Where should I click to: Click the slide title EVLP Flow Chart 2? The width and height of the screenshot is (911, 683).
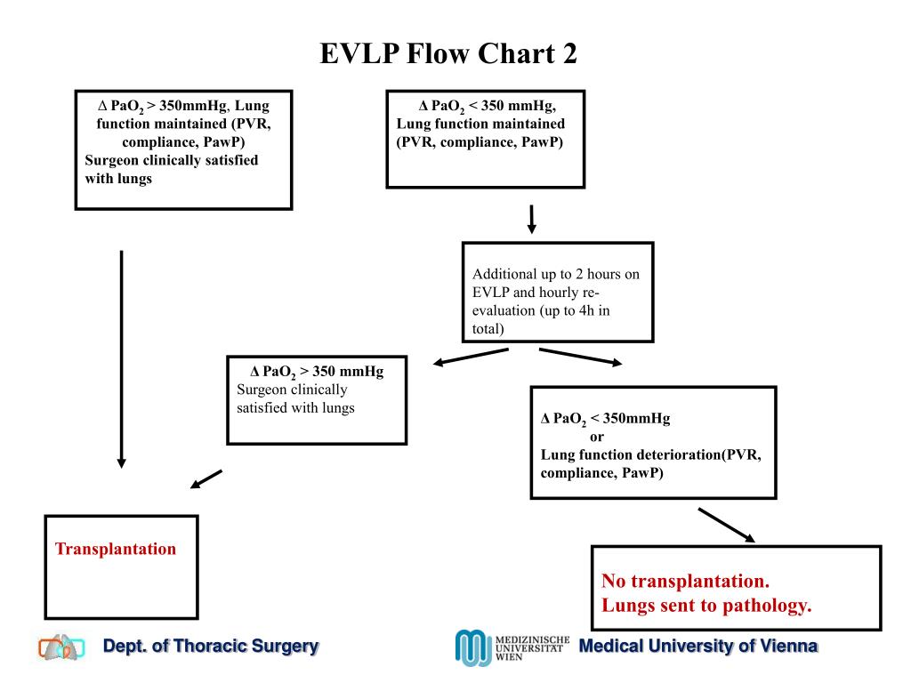[448, 55]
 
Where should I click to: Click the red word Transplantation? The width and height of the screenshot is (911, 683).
[116, 549]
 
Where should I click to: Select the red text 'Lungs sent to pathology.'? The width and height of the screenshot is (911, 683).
[706, 607]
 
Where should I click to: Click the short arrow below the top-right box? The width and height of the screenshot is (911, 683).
[531, 219]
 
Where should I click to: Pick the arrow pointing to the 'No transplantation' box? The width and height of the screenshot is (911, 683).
[726, 525]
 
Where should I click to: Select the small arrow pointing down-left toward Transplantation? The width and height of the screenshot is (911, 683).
[206, 479]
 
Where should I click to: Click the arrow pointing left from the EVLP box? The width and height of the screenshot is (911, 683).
[471, 356]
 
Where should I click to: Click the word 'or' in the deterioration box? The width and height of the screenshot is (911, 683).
[597, 437]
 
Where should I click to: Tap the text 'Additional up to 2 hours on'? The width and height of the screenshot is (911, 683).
[555, 274]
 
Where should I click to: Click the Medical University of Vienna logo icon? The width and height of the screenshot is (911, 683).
[472, 647]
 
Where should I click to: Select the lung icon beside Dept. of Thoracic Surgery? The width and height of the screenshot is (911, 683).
[61, 647]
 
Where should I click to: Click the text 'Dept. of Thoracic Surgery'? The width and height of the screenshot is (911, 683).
[211, 647]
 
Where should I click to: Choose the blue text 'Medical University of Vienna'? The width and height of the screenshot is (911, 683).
[697, 647]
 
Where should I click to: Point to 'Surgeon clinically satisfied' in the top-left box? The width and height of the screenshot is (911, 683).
[172, 161]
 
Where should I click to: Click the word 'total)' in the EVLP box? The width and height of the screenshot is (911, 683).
[488, 328]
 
